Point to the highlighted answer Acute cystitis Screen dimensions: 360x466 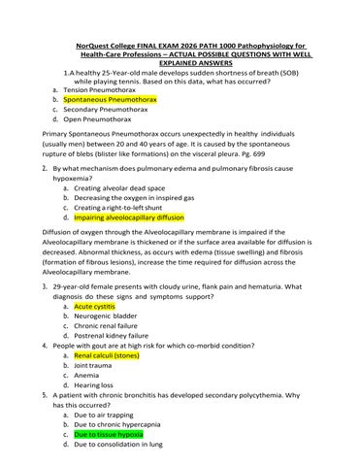tap(94, 306)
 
